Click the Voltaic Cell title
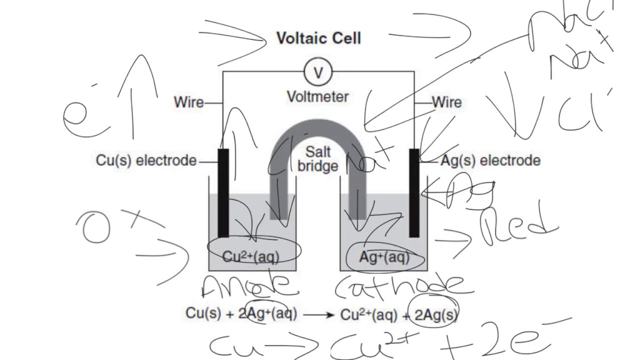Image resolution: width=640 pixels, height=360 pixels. pyautogui.click(x=318, y=38)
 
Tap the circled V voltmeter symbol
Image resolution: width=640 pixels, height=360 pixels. pyautogui.click(x=318, y=73)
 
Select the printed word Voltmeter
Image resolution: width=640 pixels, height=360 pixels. pyautogui.click(x=318, y=96)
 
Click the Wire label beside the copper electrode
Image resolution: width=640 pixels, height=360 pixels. pyautogui.click(x=189, y=102)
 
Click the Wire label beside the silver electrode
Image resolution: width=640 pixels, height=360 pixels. pyautogui.click(x=446, y=102)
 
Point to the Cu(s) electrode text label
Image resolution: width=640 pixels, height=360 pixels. pyautogui.click(x=146, y=161)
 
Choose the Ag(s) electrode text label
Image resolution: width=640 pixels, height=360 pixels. pyautogui.click(x=490, y=161)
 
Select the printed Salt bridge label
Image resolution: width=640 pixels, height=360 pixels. pyautogui.click(x=317, y=159)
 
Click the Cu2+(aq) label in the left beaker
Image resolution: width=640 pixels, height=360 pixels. pyautogui.click(x=250, y=257)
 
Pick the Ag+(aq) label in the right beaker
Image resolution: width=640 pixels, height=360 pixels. pyautogui.click(x=384, y=257)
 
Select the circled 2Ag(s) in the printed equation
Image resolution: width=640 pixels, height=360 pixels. pyautogui.click(x=433, y=314)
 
